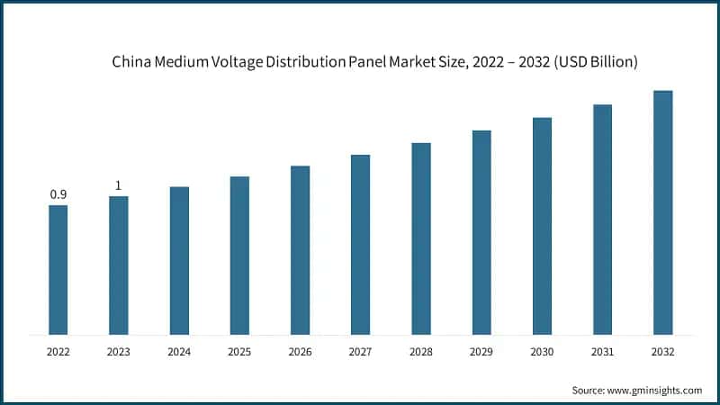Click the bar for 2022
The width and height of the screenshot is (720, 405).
click(x=58, y=270)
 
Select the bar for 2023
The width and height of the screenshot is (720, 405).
click(x=119, y=265)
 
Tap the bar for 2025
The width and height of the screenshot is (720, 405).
click(x=239, y=256)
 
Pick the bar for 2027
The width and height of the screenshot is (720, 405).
click(x=360, y=245)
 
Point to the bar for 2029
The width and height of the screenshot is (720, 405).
click(x=481, y=232)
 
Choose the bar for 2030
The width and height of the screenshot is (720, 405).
click(x=542, y=226)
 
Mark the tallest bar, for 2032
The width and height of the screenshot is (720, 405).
click(x=662, y=212)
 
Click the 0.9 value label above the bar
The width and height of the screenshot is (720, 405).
click(x=58, y=194)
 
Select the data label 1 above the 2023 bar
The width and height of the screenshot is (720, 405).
click(x=118, y=185)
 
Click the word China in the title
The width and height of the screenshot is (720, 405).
click(x=130, y=63)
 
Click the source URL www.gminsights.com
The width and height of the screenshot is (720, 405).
click(x=654, y=390)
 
